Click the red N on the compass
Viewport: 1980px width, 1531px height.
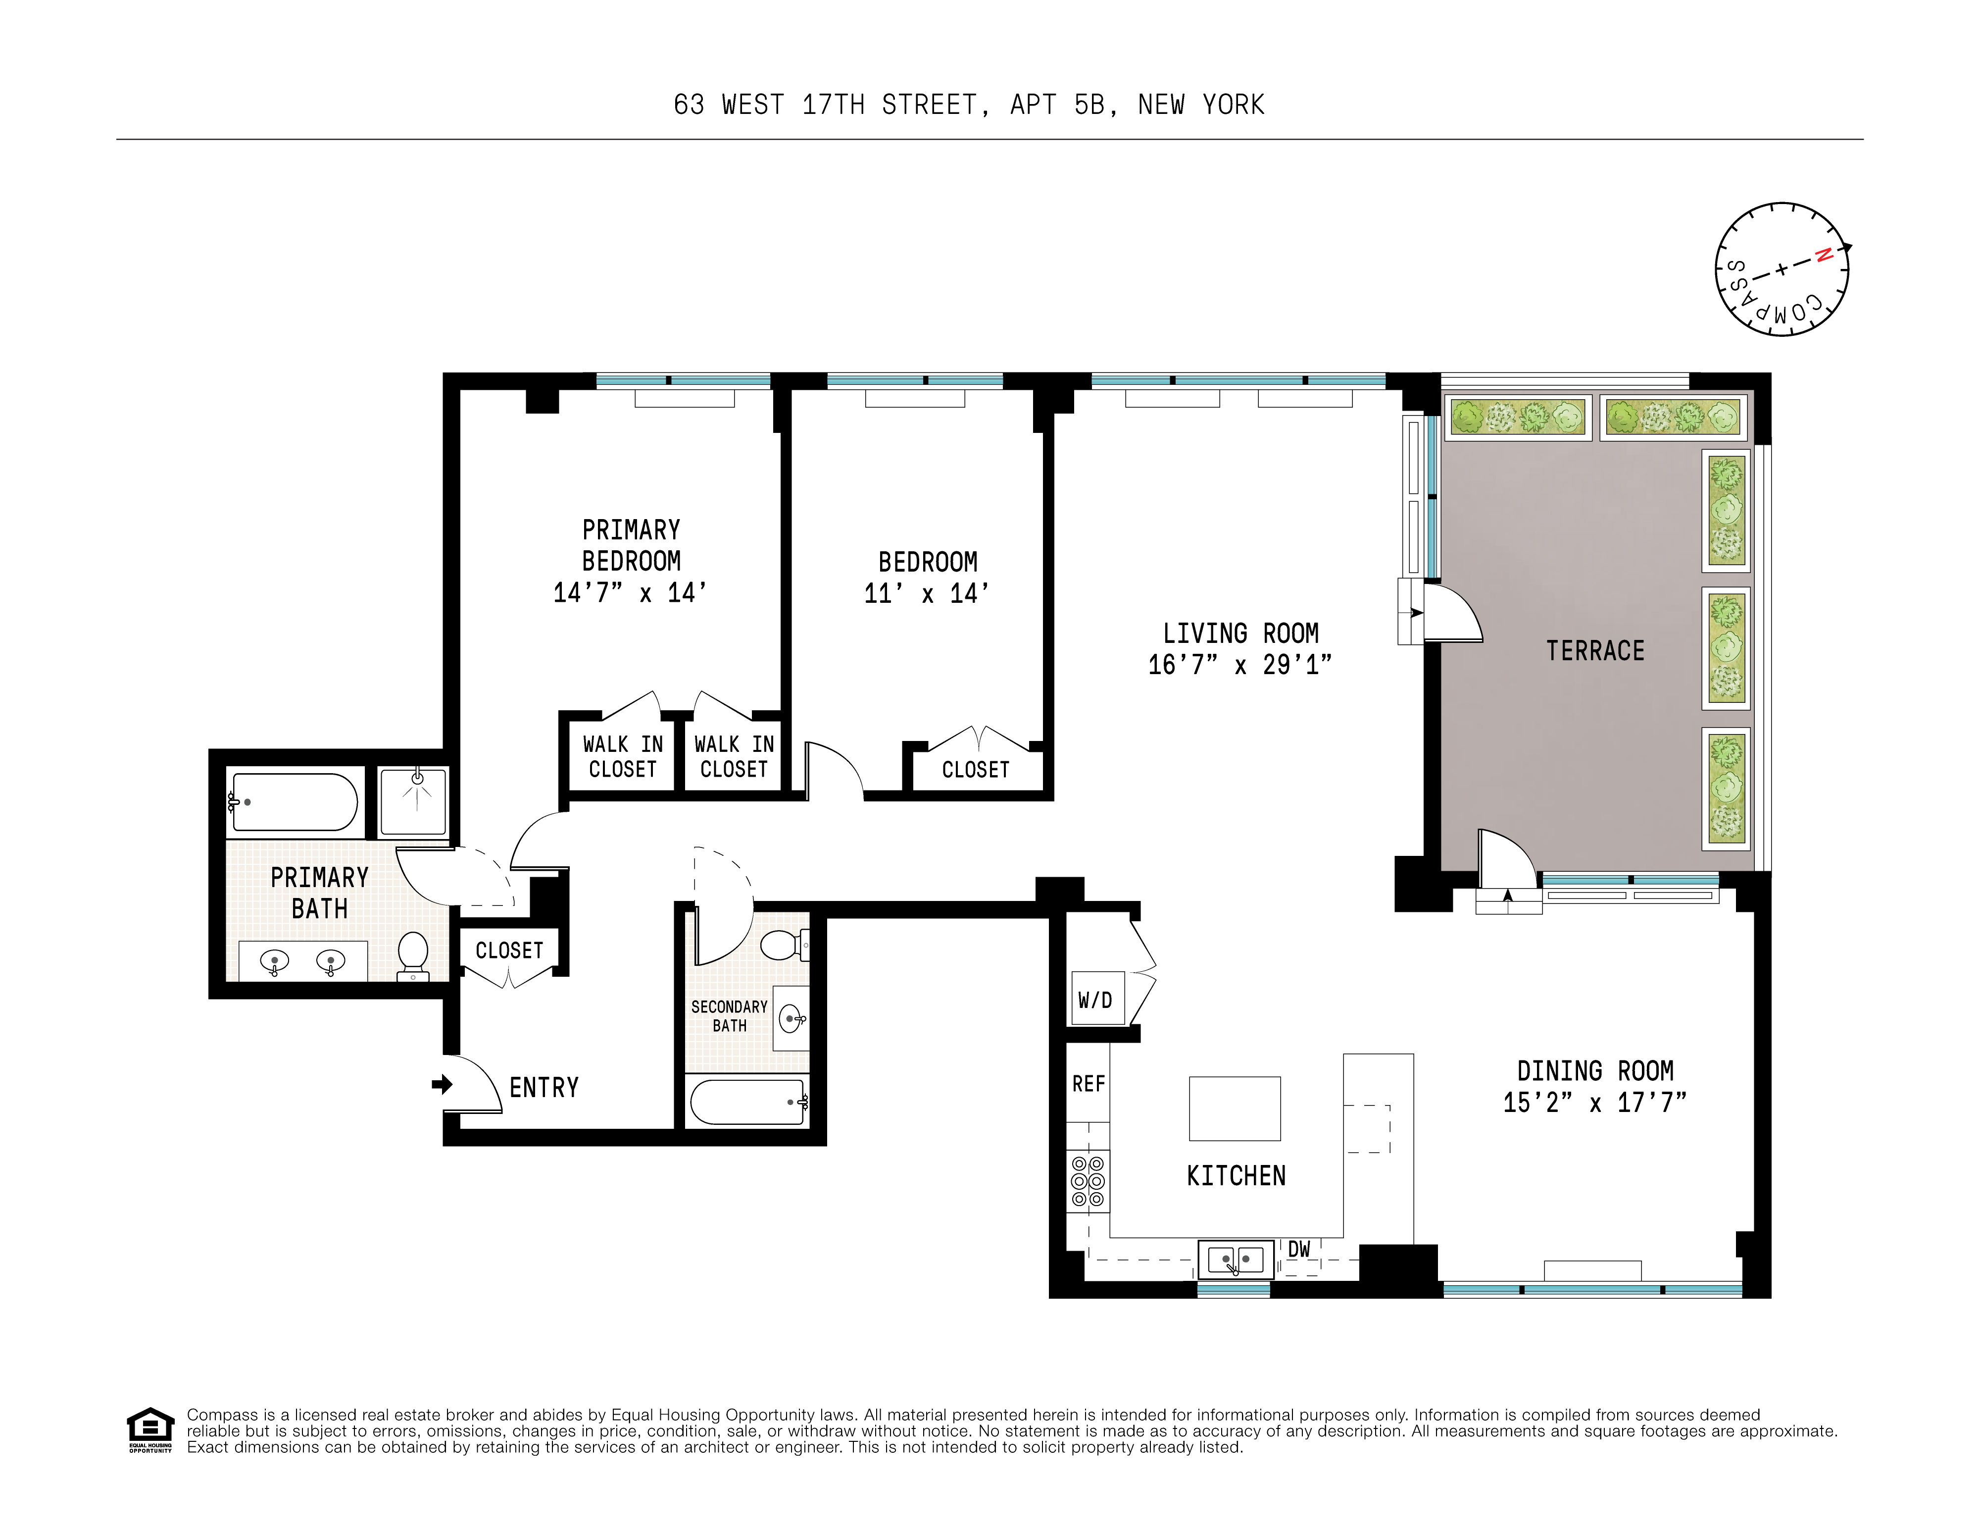[1823, 255]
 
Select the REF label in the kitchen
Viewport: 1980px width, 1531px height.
[1088, 1084]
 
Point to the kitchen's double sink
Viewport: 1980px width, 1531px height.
[1236, 1259]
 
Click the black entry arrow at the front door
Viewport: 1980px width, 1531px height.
[442, 1084]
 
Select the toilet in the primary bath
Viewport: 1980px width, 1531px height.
[413, 954]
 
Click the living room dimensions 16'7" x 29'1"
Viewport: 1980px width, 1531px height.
[1239, 665]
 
